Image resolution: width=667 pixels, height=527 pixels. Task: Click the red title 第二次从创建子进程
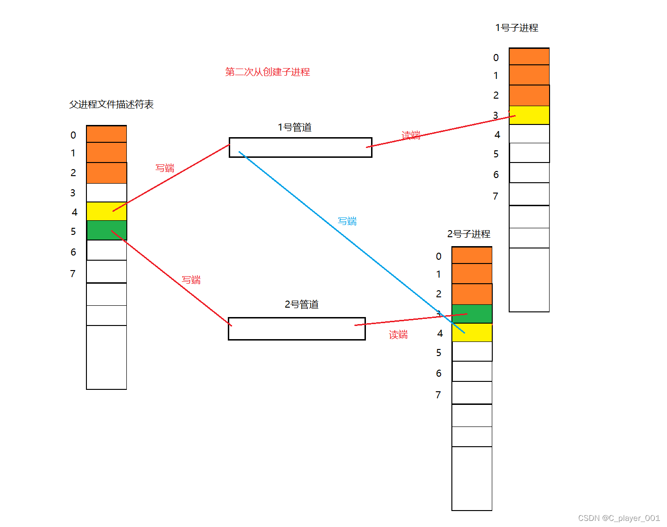click(x=267, y=72)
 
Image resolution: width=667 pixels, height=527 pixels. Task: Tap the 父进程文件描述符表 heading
click(x=111, y=104)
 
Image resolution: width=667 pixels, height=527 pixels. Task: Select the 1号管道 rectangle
click(x=301, y=147)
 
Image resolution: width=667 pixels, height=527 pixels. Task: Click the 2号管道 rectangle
click(x=296, y=329)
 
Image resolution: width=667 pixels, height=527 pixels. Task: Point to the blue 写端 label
click(x=347, y=221)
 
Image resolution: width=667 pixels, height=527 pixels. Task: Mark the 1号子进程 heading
click(x=517, y=28)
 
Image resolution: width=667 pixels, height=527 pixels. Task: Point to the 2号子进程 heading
click(x=469, y=234)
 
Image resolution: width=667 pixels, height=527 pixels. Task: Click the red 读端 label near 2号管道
click(x=398, y=334)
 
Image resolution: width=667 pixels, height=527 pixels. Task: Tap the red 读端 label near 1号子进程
click(x=411, y=135)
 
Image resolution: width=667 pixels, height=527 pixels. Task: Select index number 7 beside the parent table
click(x=73, y=274)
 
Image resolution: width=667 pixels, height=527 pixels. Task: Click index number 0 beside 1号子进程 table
click(x=496, y=58)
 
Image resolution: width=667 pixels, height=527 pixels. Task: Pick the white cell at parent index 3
click(x=107, y=193)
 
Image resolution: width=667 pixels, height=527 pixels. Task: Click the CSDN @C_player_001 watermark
click(x=619, y=518)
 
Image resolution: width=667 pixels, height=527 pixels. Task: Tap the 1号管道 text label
click(x=295, y=127)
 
